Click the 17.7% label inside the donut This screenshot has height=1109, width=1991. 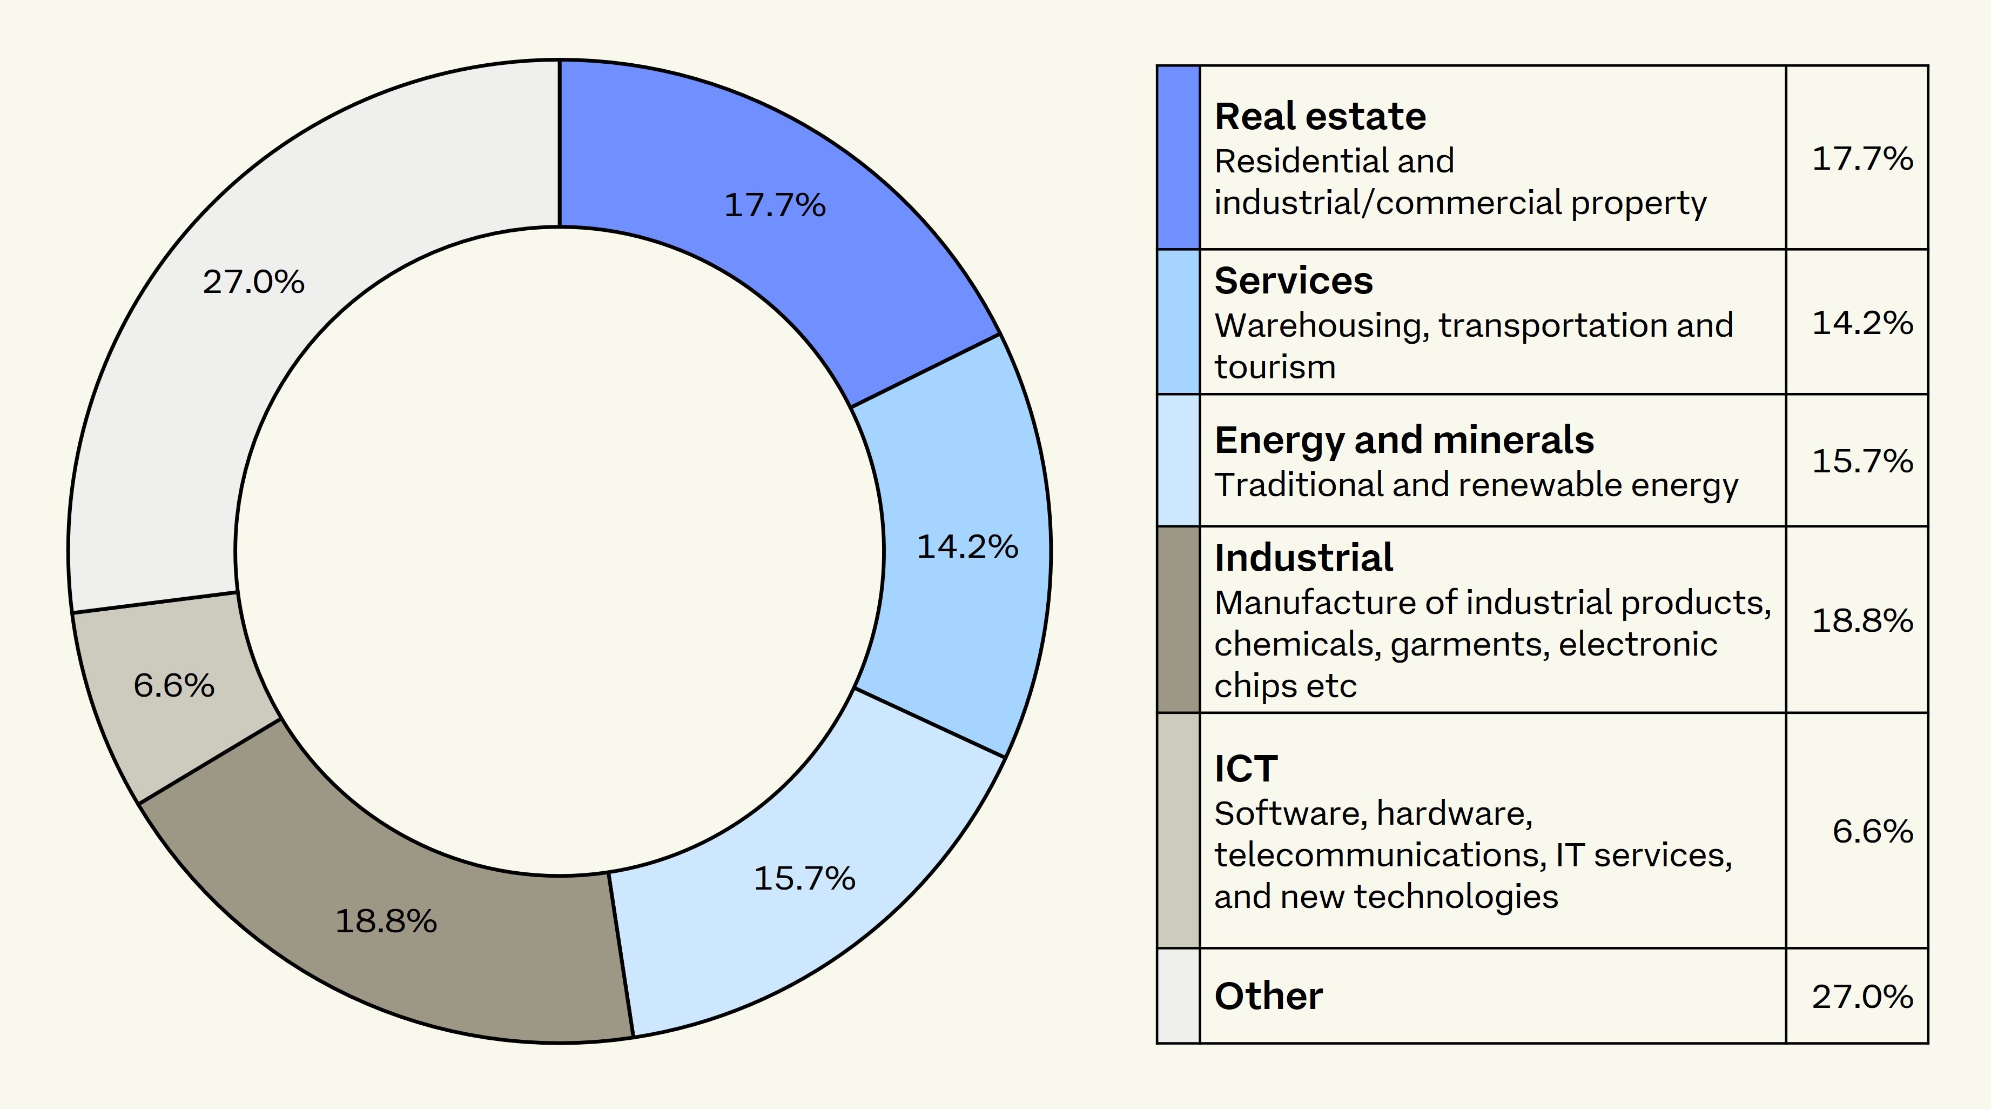[x=775, y=206]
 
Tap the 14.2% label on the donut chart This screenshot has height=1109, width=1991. [x=967, y=547]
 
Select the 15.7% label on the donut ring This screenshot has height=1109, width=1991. [x=804, y=879]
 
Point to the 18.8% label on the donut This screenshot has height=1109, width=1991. [x=386, y=921]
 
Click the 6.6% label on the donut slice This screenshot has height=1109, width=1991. [x=174, y=686]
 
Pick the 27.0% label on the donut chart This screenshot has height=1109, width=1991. [x=253, y=282]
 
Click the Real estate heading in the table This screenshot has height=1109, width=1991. [x=1320, y=117]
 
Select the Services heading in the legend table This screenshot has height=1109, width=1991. [x=1294, y=280]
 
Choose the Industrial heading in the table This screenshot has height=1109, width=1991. [x=1303, y=558]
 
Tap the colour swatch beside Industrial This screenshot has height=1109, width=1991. [x=1179, y=619]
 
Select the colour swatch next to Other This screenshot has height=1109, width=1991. [x=1179, y=996]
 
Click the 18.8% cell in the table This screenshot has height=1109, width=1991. [x=1862, y=621]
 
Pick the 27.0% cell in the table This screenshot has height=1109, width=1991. [x=1862, y=997]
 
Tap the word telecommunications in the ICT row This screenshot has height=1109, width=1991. [x=1380, y=856]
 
